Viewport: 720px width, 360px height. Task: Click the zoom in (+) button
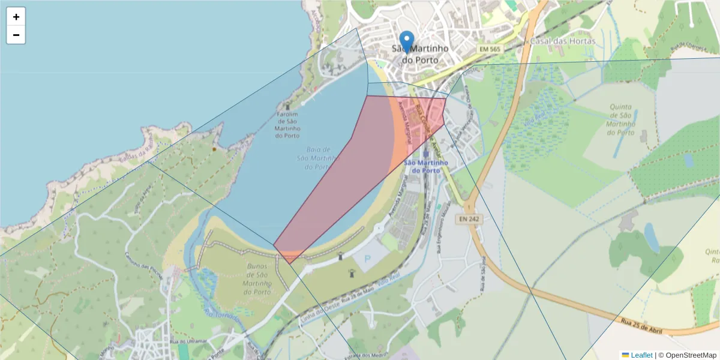[x=16, y=17]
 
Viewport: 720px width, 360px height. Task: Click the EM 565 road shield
[x=490, y=48]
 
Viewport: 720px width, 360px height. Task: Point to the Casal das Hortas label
[x=562, y=41]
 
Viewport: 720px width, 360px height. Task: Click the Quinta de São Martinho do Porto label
[x=620, y=119]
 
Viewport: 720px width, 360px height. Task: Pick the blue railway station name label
[x=425, y=166]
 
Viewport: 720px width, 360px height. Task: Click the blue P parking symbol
[x=367, y=259]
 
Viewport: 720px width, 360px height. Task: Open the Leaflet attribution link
[x=641, y=355]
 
